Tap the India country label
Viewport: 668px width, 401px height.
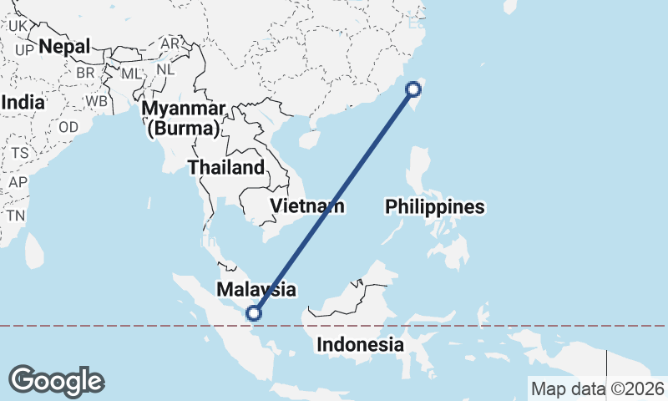tap(23, 101)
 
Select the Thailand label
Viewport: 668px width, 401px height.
tap(225, 167)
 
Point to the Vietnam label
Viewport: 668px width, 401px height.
tap(306, 206)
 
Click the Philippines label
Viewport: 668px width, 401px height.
tap(435, 206)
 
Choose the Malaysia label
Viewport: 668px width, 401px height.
tap(256, 290)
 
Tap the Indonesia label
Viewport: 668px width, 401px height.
tap(361, 344)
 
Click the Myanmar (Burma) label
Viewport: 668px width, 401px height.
tap(183, 119)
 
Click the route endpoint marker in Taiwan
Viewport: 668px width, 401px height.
tap(414, 89)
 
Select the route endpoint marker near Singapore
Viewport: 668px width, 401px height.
tap(255, 314)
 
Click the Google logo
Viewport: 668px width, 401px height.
tap(56, 381)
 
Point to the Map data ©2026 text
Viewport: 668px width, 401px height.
tap(597, 388)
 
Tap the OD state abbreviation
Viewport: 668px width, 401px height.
tap(68, 127)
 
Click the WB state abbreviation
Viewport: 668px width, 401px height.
tap(96, 101)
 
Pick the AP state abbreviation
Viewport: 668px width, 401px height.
tap(17, 182)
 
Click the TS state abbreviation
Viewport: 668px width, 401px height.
tap(20, 154)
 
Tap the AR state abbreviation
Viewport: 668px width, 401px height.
tap(170, 43)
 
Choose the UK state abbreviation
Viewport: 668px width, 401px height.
tap(18, 26)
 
